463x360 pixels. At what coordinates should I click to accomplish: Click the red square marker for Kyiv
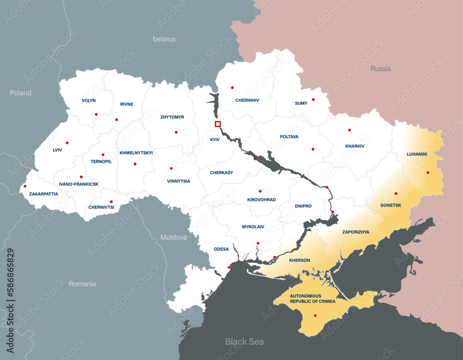point(218,124)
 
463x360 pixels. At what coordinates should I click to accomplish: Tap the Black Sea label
point(244,341)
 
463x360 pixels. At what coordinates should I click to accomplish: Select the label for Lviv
point(57,150)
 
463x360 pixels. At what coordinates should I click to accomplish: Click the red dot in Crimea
point(315,316)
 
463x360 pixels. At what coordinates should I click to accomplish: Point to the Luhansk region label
point(417,154)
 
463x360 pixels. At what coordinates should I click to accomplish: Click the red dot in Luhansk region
point(428,172)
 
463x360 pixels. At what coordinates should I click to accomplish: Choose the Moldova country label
point(174,237)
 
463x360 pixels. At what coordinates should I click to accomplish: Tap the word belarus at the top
point(164,39)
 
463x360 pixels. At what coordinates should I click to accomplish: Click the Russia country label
point(381,69)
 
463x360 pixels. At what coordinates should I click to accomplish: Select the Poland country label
point(21,93)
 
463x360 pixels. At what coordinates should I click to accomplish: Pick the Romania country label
point(82,284)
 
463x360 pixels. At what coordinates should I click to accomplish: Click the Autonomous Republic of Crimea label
point(309,298)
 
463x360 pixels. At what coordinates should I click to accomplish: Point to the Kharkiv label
point(355,146)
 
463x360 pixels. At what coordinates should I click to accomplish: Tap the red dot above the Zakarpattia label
point(25,186)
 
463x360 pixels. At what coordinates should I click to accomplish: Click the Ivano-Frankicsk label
point(79,184)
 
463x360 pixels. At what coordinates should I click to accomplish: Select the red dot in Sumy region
point(313,99)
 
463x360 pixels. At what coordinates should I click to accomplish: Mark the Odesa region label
point(221,249)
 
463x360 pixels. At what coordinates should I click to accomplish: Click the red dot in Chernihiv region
point(232,87)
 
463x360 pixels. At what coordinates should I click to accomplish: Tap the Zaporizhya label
point(356,232)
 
